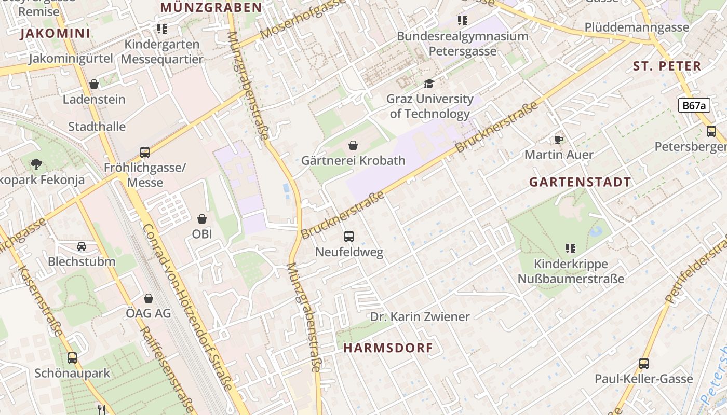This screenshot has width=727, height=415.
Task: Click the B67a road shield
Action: pyautogui.click(x=694, y=106)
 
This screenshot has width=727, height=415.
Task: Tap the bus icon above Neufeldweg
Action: pyautogui.click(x=349, y=237)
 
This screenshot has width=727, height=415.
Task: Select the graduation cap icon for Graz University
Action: pyautogui.click(x=429, y=84)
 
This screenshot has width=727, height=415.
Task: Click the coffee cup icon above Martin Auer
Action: pyautogui.click(x=559, y=140)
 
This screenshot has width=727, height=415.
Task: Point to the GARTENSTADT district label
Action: pyautogui.click(x=580, y=182)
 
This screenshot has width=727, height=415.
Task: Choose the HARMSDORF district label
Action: pyautogui.click(x=388, y=348)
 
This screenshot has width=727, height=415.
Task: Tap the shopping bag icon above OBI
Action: pyautogui.click(x=202, y=219)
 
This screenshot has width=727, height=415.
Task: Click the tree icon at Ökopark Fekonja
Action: pyautogui.click(x=36, y=164)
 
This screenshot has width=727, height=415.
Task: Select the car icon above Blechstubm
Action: pyautogui.click(x=82, y=246)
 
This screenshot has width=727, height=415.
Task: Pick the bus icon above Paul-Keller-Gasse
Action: pyautogui.click(x=644, y=364)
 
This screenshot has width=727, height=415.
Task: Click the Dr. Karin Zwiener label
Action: pyautogui.click(x=420, y=316)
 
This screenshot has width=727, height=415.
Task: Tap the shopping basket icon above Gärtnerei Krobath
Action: pyautogui.click(x=353, y=145)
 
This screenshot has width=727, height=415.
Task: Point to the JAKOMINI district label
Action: pyautogui.click(x=55, y=34)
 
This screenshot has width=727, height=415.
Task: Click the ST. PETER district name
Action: pyautogui.click(x=667, y=66)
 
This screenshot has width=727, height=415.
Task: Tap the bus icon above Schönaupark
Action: pyautogui.click(x=72, y=358)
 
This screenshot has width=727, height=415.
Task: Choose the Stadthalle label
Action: pyautogui.click(x=97, y=127)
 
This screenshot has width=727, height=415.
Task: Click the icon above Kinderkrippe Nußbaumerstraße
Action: pyautogui.click(x=571, y=248)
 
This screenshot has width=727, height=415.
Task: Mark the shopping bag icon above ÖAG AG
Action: pyautogui.click(x=149, y=298)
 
